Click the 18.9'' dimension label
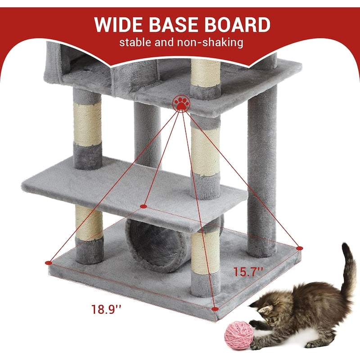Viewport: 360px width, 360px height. (106, 309)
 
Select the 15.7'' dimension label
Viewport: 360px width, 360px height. (248, 272)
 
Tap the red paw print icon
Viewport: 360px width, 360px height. (181, 103)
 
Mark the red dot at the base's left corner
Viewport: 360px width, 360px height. (49, 262)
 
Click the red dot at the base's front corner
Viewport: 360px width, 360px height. (215, 309)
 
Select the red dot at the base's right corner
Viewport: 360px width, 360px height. (299, 248)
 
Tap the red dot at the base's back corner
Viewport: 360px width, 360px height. (144, 206)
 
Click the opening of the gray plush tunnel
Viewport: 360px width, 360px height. (158, 246)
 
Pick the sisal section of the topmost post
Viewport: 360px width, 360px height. (206, 73)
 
